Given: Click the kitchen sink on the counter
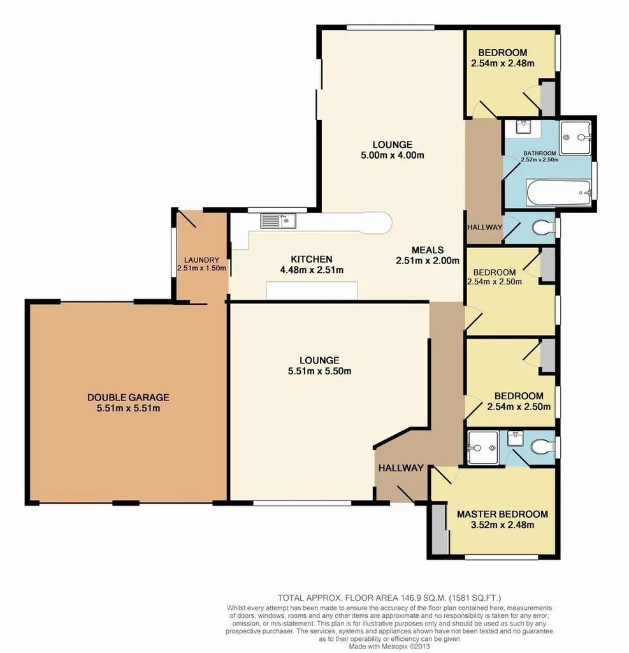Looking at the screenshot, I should pyautogui.click(x=278, y=221).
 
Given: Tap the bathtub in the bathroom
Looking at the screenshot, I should pyautogui.click(x=558, y=191).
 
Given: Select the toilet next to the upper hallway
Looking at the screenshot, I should pyautogui.click(x=543, y=228).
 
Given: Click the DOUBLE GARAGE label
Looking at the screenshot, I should pyautogui.click(x=128, y=397).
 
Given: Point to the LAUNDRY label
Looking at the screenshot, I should pyautogui.click(x=202, y=260).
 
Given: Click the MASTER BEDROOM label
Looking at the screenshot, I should pyautogui.click(x=502, y=514).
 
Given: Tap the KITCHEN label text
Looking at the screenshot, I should pyautogui.click(x=312, y=259).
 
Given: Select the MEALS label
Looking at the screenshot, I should pyautogui.click(x=427, y=249).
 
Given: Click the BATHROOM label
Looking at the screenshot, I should pyautogui.click(x=540, y=153).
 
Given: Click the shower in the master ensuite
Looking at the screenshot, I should pyautogui.click(x=482, y=448).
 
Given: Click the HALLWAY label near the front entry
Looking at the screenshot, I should pyautogui.click(x=401, y=467).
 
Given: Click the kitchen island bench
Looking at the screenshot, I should pyautogui.click(x=312, y=291).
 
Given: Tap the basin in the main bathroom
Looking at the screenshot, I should pyautogui.click(x=523, y=127).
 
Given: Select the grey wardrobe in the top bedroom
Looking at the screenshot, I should pyautogui.click(x=547, y=95).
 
